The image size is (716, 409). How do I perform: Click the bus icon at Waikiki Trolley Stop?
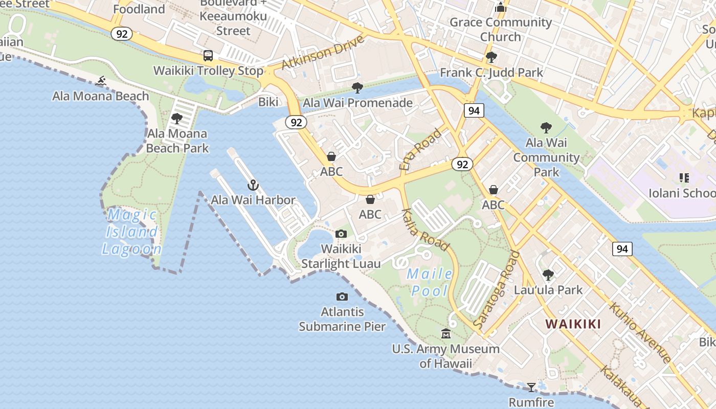coord(208,56)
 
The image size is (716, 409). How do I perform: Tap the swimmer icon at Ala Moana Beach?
coord(101,81)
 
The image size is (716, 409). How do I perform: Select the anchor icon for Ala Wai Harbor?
coord(253,185)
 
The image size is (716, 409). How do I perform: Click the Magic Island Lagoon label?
coord(132,232)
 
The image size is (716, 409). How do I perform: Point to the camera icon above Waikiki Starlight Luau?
coord(341,234)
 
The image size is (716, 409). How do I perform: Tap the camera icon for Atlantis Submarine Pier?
coord(342,297)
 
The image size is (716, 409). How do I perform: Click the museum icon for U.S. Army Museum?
coord(446,334)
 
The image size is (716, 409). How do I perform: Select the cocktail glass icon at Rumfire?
coord(531,387)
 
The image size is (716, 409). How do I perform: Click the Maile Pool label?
coord(430,282)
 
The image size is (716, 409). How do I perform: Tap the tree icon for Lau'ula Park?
coord(548,275)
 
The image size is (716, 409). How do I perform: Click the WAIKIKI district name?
coord(573,324)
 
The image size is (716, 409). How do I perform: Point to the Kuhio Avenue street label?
coord(640,332)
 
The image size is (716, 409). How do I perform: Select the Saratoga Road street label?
coord(497,289)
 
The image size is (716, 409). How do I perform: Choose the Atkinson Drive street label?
coord(323,53)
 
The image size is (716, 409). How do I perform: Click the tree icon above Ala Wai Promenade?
coord(357,88)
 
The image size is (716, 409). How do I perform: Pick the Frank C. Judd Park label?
coord(491,73)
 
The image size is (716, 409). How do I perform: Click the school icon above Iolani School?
coord(684,178)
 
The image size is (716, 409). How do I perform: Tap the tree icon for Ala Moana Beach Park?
coord(177,119)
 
